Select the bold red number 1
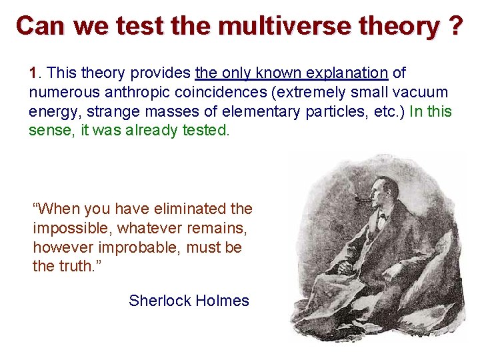(x=33, y=72)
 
